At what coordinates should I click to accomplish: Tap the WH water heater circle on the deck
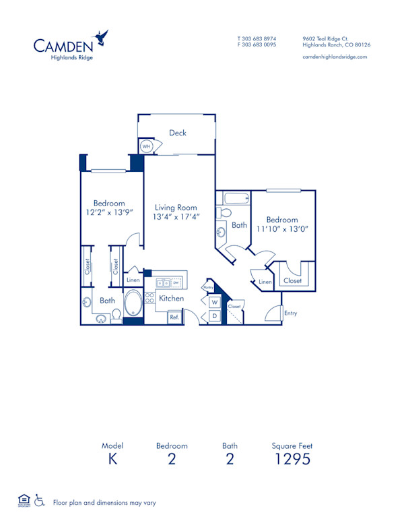click(146, 146)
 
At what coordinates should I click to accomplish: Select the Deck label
click(178, 133)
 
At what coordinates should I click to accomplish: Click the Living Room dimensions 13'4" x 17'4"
click(176, 217)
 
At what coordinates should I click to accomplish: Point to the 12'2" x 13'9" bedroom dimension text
click(109, 212)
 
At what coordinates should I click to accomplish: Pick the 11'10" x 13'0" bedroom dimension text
click(281, 229)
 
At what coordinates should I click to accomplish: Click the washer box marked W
click(215, 302)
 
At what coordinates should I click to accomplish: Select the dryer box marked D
click(215, 315)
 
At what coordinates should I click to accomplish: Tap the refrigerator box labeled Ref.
click(174, 317)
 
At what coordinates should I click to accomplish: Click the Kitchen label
click(171, 298)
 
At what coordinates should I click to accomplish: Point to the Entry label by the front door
click(290, 313)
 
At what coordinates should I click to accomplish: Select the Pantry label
click(207, 286)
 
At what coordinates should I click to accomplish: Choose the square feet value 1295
click(292, 460)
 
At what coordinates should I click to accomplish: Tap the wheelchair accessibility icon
click(40, 501)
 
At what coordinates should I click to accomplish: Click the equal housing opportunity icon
click(24, 501)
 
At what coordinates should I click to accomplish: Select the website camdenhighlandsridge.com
click(335, 57)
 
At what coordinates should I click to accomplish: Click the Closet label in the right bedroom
click(292, 280)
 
